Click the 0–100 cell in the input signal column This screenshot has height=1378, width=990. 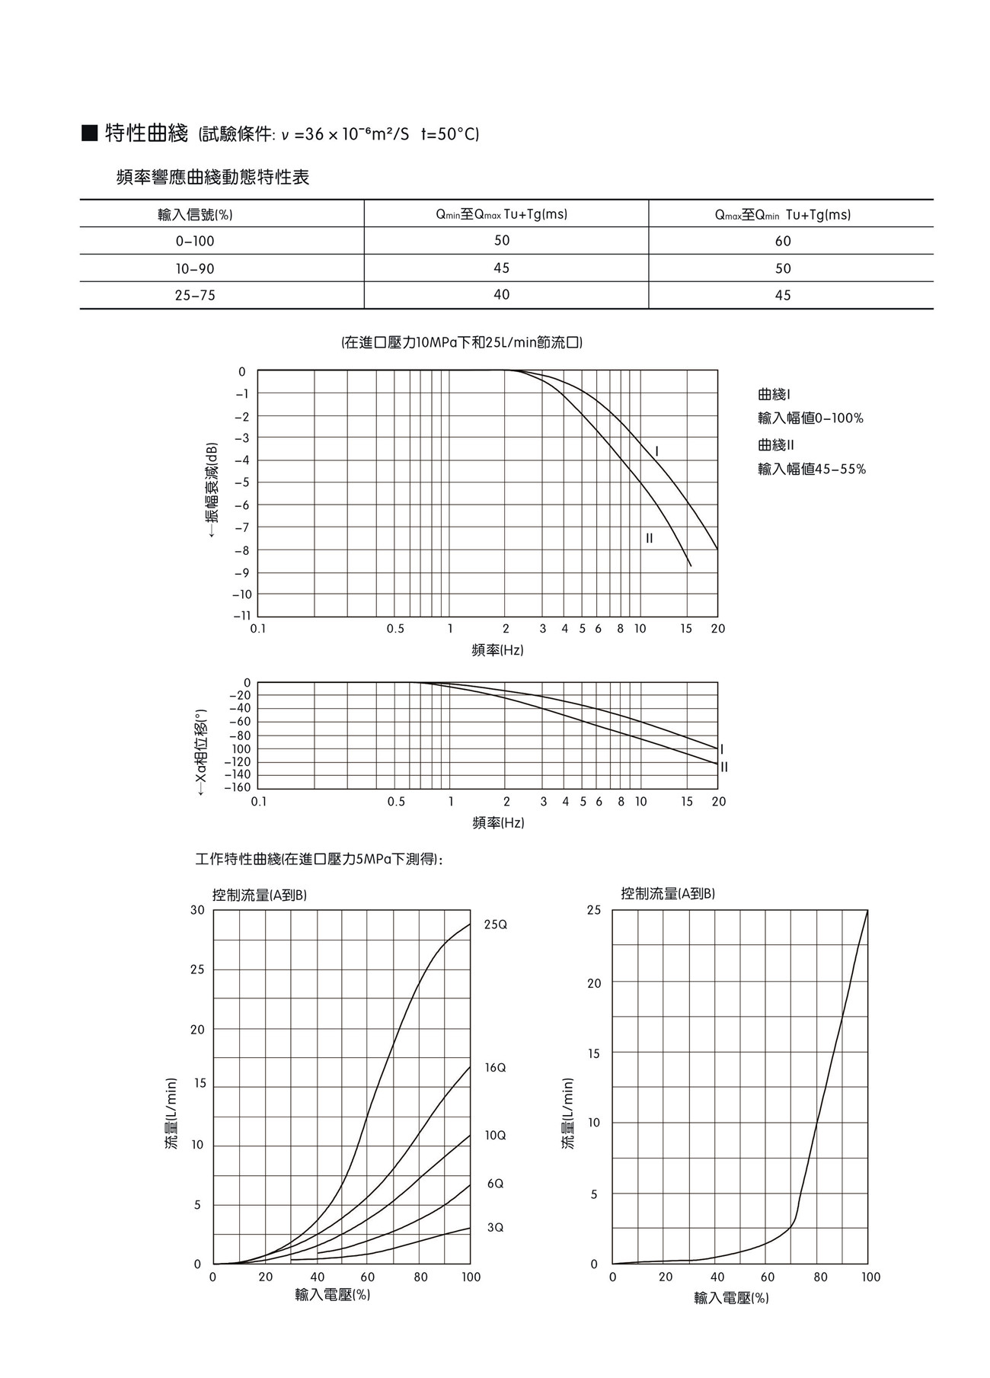195,242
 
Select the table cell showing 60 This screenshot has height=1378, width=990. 783,242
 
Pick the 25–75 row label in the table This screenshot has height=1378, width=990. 195,296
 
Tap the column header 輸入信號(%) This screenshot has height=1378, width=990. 195,215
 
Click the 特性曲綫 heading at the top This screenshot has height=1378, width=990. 146,134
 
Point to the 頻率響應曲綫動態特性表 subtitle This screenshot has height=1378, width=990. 213,178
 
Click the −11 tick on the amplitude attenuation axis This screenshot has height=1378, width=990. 241,616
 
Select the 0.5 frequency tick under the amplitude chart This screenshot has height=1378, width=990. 395,630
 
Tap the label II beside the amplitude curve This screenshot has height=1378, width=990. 650,539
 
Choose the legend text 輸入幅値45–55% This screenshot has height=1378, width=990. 812,469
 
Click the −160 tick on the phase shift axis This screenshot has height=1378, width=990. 237,787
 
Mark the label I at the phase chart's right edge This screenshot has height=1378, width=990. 722,750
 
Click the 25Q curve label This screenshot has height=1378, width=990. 495,925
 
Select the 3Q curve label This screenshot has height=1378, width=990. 495,1228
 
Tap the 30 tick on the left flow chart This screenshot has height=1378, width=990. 198,910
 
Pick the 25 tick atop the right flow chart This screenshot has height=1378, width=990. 594,910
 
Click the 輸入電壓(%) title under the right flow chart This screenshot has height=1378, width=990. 731,1298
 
